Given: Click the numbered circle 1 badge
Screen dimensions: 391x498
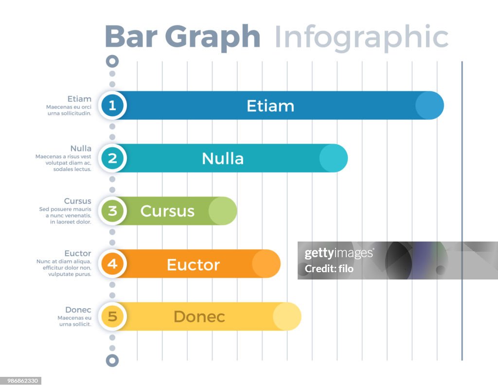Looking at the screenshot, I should [112, 105].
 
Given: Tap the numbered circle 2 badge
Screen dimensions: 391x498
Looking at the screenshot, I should [112, 158].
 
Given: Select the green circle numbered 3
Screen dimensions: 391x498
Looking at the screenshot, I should [112, 211].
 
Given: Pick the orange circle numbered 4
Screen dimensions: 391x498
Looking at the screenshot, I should [112, 264].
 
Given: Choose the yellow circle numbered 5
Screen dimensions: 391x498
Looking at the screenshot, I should [112, 317].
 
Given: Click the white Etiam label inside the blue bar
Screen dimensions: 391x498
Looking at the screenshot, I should [270, 106].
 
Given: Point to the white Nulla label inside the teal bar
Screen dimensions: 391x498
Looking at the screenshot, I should [223, 159].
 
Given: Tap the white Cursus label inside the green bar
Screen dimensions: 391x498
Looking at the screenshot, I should [167, 211].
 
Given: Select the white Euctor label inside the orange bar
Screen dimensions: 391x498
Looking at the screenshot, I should [193, 264].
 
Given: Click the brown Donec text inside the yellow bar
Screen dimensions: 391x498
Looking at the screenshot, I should [199, 317].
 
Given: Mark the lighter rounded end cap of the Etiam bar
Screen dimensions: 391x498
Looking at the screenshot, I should [429, 105].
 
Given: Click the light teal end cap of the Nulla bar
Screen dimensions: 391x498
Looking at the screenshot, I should [334, 158].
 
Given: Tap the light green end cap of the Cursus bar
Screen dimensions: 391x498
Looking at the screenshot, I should [223, 211].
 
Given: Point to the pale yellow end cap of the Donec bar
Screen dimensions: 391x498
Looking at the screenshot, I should [287, 317].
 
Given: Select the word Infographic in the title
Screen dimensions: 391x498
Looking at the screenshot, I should [361, 37].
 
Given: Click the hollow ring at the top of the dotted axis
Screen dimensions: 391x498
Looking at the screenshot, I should [112, 61].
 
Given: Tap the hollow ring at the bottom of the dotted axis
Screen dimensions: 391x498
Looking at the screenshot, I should [112, 361].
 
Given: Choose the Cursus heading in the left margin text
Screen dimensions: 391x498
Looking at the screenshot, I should [77, 201].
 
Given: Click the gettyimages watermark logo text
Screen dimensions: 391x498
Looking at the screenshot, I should [338, 253].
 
